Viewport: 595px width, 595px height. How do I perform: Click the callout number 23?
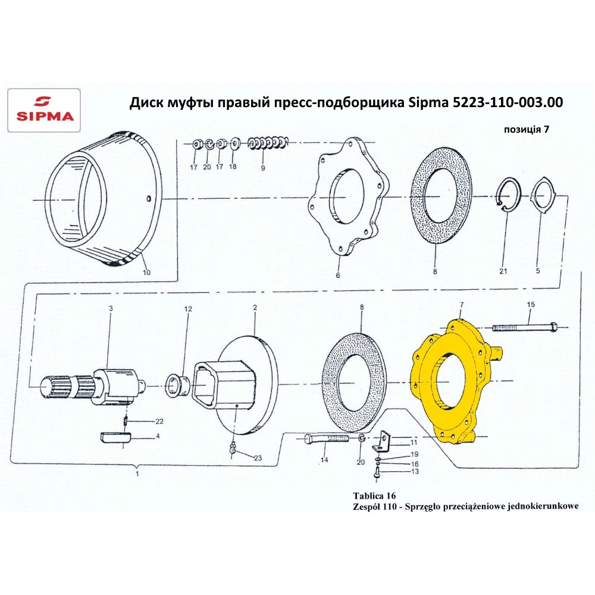point(257,458)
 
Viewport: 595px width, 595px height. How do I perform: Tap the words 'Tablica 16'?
point(374,495)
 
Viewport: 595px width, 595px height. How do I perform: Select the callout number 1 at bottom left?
point(137,474)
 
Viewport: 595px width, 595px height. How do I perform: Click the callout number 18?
point(233,167)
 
